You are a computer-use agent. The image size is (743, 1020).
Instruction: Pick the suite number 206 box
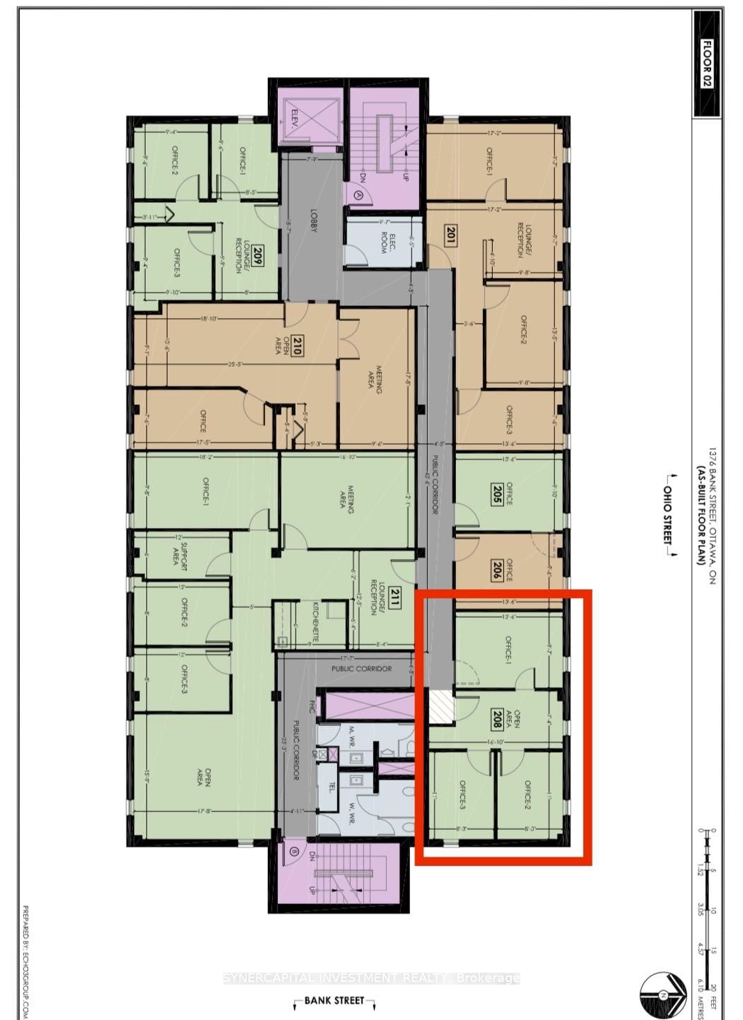pos(496,570)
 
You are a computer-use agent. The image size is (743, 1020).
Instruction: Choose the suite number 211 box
pos(394,597)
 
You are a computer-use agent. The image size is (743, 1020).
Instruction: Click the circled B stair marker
pos(293,852)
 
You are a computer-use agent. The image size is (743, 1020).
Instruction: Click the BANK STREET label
pos(334,1000)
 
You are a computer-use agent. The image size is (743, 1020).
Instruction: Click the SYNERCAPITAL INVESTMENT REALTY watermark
pos(371,978)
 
